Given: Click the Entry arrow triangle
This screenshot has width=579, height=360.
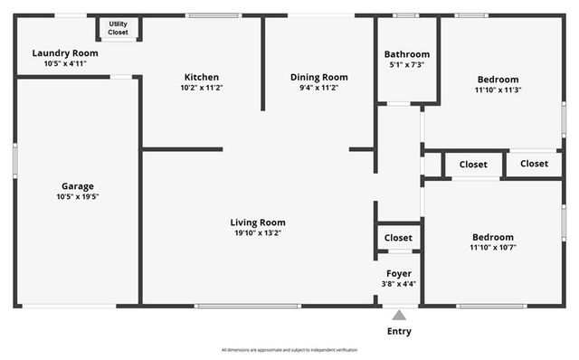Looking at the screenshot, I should pos(398,316).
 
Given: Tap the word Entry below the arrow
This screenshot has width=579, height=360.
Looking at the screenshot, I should pos(398,331).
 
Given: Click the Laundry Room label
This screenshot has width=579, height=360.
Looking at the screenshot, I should pos(64,53).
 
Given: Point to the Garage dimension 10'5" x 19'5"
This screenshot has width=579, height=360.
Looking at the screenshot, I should pos(77,196).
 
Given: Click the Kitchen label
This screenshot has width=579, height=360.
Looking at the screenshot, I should pos(201,77).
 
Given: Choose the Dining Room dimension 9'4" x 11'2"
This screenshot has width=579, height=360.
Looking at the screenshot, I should pos(318,88).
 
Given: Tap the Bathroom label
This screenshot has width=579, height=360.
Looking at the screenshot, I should pos(406,54).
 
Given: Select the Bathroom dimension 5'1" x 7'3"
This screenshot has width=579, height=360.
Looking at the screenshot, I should pos(406,65).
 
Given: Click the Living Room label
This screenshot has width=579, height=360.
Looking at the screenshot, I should pos(258,223).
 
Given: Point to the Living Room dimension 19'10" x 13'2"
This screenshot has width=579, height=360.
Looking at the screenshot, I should pos(258,233).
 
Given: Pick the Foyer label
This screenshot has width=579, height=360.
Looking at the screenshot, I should pos(398,273).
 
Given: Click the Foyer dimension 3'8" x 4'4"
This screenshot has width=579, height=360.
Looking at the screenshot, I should pos(398,284).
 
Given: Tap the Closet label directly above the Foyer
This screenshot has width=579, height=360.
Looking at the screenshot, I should pos(398,238).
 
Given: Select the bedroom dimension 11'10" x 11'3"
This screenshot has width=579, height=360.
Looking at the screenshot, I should pos(498,90).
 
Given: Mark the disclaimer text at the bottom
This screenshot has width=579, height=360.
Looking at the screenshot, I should pos(289,350).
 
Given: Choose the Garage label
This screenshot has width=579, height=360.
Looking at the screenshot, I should pos(77,186).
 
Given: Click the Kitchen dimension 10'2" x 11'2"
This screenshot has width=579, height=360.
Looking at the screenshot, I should pos(201,88).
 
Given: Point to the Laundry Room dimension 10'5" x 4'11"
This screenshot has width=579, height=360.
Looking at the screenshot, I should pos(64,63).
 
